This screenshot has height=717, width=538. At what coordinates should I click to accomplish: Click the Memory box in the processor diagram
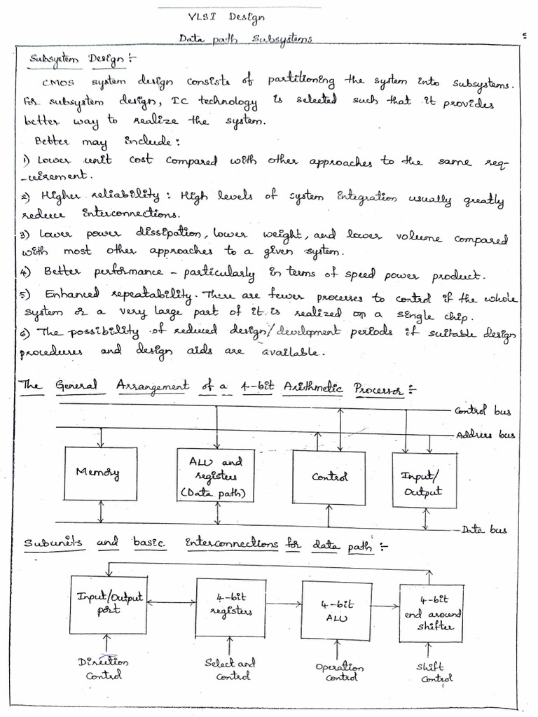pyautogui.click(x=100, y=473)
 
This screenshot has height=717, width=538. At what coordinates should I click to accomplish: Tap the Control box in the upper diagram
pyautogui.click(x=329, y=478)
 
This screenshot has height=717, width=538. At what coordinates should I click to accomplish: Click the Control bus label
pyautogui.click(x=483, y=412)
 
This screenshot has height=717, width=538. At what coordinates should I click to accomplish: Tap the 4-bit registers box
pyautogui.click(x=230, y=606)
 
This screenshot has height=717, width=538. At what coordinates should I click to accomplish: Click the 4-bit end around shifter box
pyautogui.click(x=431, y=613)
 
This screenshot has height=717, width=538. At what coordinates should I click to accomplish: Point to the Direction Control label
pyautogui.click(x=104, y=668)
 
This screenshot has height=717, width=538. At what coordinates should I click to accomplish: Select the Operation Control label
pyautogui.click(x=339, y=672)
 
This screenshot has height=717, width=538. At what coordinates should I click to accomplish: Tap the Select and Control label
pyautogui.click(x=230, y=669)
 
